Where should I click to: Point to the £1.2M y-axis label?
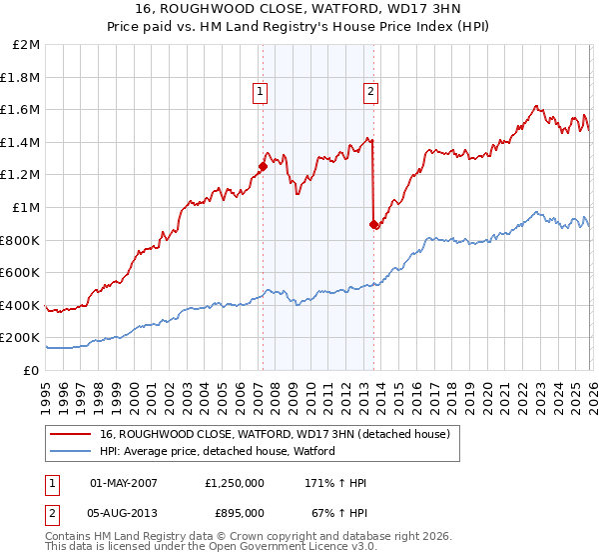click(21, 175)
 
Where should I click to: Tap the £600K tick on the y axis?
click(21, 273)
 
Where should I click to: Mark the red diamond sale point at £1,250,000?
click(264, 167)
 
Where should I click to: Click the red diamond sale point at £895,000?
click(374, 225)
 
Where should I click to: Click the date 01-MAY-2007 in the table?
click(125, 482)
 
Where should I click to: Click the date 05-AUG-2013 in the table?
click(125, 512)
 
